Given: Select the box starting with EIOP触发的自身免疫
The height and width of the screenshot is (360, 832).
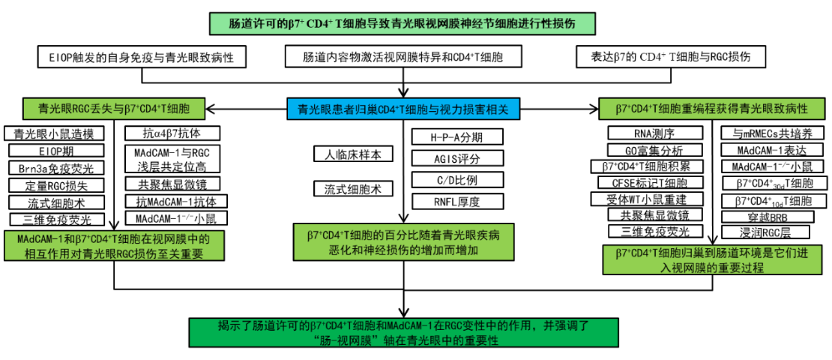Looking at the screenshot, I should (x=142, y=57).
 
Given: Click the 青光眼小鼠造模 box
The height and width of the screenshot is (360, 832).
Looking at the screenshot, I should (x=52, y=134).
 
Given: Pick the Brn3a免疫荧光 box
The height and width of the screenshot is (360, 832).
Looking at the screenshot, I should (x=52, y=168).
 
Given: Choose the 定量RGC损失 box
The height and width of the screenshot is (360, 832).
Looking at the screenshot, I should (x=52, y=185).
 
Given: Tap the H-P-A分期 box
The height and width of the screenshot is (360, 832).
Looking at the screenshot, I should (x=457, y=137).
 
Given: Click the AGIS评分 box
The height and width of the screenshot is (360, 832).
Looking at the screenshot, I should (x=457, y=159).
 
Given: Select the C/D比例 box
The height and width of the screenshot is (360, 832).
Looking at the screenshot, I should (x=457, y=180).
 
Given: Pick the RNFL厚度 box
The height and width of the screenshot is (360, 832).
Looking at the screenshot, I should (x=457, y=201).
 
